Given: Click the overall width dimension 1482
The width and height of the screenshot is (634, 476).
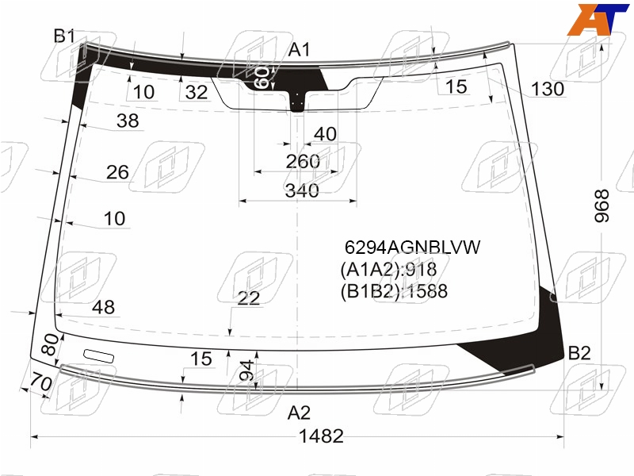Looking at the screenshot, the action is [321, 436].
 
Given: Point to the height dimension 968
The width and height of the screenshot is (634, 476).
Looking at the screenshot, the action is [602, 205].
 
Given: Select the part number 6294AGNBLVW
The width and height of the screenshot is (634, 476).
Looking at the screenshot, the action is [412, 247].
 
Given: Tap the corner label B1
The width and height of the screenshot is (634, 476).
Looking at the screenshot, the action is [64, 36].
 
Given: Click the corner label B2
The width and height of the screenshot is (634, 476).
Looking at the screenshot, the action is [579, 353].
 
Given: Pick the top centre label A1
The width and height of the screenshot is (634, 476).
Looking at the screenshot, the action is [299, 50].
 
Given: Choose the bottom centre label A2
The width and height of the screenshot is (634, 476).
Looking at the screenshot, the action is [299, 413].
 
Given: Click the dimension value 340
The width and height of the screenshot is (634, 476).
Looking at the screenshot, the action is [302, 190].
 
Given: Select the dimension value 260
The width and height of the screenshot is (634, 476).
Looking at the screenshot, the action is [303, 162].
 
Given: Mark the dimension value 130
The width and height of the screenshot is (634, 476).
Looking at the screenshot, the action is [547, 89].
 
